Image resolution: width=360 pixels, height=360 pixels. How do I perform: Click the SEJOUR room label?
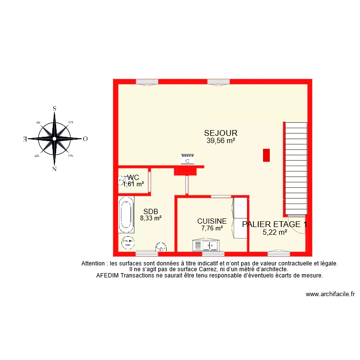coord(221,133)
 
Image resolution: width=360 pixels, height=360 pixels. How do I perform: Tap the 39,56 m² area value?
coord(221,141)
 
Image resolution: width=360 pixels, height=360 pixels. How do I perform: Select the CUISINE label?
coord(212,221)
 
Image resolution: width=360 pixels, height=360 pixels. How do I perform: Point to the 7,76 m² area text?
coord(212,228)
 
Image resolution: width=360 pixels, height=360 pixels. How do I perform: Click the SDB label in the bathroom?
coord(150,210)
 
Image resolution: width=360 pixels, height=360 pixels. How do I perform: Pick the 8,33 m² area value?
coord(150,217)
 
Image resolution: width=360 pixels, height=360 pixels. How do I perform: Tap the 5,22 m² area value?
coord(275,232)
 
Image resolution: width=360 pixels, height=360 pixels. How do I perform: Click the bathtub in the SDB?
coord(127,215)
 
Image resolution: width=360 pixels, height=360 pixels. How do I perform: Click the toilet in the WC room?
coord(121,180)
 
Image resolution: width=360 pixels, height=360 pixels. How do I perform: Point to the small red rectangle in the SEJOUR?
coord(266,155)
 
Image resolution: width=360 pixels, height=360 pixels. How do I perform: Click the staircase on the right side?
coord(296,168)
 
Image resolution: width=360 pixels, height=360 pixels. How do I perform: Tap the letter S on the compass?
coord(55,109)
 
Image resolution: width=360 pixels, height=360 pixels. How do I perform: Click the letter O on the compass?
coord(85,139)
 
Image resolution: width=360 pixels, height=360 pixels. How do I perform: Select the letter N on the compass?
coord(54,169)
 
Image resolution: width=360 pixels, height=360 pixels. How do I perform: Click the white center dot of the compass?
coord(54,139)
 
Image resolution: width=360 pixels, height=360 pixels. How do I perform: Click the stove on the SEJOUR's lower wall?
coord(188,159)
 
